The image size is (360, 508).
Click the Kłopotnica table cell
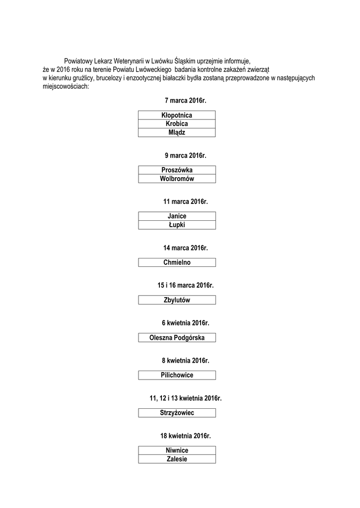point(177,115)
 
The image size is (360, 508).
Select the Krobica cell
point(177,124)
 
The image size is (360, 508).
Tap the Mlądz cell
point(177,132)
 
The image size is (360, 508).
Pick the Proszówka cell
point(177,170)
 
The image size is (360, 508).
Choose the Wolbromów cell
point(177,179)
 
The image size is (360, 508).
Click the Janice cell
point(177,216)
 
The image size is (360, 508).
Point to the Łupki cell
point(177,225)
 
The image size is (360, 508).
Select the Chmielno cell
point(177,262)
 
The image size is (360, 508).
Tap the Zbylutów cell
point(177,300)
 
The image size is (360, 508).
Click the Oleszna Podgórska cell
point(177,337)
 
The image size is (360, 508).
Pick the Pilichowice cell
point(177,375)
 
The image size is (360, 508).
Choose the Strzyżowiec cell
point(177,412)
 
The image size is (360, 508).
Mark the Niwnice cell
point(177,450)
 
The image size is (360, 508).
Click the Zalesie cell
point(177,459)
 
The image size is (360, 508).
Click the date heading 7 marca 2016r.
point(185,101)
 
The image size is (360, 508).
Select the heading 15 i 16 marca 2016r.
point(185,285)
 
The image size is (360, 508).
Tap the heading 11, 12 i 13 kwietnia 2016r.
point(185,398)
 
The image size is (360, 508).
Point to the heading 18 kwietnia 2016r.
point(185,436)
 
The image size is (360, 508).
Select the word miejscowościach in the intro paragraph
point(66,86)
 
